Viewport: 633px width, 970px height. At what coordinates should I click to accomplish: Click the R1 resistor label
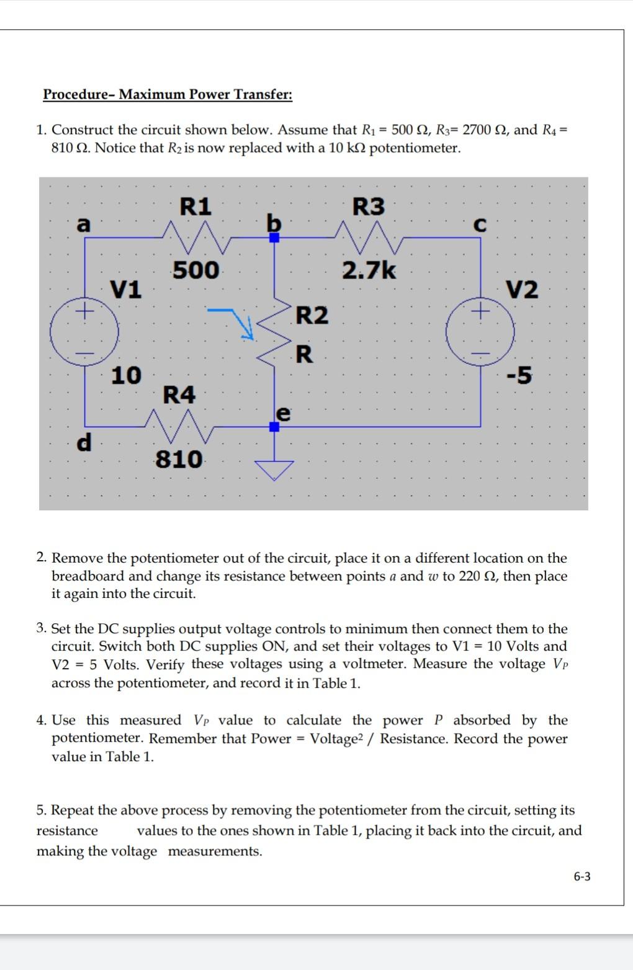195,206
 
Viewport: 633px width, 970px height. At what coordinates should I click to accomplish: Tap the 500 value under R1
195,270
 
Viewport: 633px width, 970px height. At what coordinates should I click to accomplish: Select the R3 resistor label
369,207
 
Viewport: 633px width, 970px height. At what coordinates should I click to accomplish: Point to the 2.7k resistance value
369,270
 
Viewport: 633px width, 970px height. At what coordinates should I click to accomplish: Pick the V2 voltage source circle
480,332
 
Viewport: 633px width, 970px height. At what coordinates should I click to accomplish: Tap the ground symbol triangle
274,469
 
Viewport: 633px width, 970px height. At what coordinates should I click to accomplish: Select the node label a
83,225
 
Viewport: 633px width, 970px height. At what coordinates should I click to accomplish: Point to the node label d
83,442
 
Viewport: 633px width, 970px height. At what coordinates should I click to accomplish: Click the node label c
479,225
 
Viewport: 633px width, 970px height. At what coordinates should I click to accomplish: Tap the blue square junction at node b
274,238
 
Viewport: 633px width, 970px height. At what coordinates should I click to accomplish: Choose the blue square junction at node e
274,426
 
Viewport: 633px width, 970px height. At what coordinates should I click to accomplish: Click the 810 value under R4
179,460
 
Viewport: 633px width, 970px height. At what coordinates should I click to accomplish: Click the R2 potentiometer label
312,315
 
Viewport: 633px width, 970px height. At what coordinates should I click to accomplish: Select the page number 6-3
581,876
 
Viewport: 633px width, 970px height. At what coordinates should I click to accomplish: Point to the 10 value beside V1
126,375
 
